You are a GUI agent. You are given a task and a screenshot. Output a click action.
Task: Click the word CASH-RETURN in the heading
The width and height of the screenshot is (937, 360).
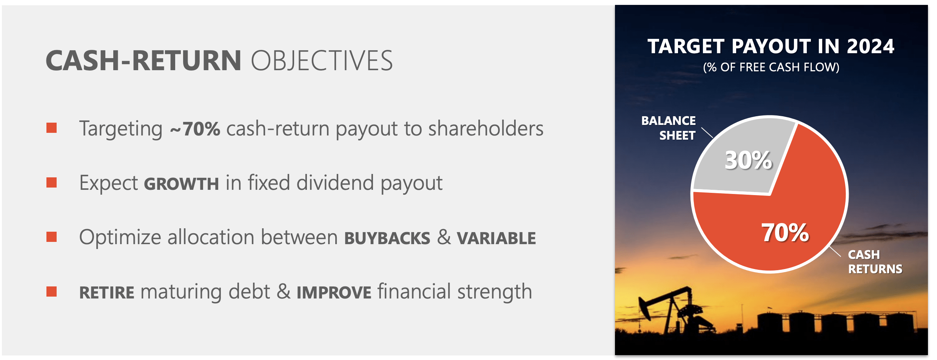tap(143, 61)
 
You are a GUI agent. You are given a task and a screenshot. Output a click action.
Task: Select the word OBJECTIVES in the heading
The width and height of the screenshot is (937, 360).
tap(322, 61)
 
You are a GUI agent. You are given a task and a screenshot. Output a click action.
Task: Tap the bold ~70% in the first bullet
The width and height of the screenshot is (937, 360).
tap(195, 129)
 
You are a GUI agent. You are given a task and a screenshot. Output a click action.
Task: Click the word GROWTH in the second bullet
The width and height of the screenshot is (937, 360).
tap(182, 184)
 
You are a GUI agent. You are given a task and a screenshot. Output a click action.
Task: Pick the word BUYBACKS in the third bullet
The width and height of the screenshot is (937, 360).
tap(387, 238)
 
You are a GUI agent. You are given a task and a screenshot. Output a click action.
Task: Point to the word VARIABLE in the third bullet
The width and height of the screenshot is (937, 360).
tap(496, 238)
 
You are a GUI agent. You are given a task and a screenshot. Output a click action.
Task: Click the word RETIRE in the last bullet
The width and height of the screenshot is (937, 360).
tap(107, 293)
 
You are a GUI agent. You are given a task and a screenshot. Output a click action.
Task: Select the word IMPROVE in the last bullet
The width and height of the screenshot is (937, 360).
tap(334, 293)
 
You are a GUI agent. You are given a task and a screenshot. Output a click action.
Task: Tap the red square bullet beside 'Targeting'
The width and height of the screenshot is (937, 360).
tap(51, 128)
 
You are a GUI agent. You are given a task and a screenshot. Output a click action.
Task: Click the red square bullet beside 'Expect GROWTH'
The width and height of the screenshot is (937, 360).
tap(51, 183)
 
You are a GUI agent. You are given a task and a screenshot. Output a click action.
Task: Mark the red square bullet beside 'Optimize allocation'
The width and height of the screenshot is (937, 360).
tap(51, 237)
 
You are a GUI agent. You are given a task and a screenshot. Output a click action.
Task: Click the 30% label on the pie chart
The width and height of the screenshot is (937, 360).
tap(749, 160)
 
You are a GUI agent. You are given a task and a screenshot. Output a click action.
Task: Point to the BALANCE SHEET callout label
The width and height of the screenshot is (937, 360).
tap(668, 128)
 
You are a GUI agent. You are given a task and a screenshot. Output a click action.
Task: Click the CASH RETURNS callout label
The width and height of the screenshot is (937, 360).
tap(875, 262)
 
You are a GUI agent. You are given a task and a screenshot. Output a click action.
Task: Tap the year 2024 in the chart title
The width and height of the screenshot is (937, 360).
tap(871, 47)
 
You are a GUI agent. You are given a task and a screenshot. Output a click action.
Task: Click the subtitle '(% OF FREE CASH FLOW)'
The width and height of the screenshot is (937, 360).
tap(771, 67)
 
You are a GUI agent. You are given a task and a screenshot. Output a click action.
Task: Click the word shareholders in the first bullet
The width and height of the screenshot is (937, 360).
tap(486, 129)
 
